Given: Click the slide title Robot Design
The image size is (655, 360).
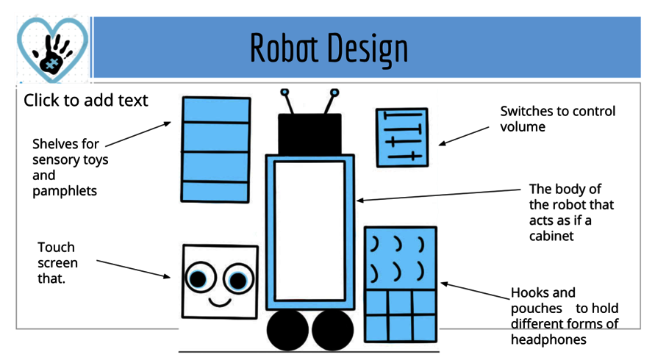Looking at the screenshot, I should pyautogui.click(x=329, y=48).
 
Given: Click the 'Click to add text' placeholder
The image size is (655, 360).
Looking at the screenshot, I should pyautogui.click(x=85, y=100).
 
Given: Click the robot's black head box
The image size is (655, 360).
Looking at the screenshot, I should pyautogui.click(x=309, y=134).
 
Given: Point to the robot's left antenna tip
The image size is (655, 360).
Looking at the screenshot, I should pyautogui.click(x=284, y=93).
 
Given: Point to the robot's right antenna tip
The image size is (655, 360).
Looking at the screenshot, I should pyautogui.click(x=334, y=93).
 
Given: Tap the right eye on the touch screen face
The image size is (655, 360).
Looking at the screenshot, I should pyautogui.click(x=237, y=279).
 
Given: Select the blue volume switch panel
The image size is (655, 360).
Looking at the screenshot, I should pyautogui.click(x=401, y=137).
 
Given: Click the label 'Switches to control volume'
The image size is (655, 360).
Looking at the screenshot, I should pyautogui.click(x=557, y=119).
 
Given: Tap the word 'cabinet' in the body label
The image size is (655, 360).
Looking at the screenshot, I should pyautogui.click(x=551, y=236).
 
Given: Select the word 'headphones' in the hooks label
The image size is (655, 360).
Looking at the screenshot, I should pyautogui.click(x=548, y=339).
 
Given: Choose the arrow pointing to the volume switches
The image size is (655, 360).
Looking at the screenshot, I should pyautogui.click(x=464, y=134).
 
